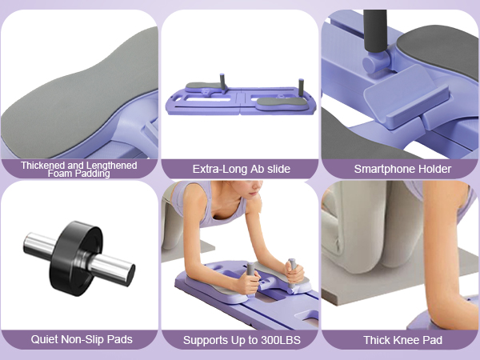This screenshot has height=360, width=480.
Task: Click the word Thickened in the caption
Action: [42, 165]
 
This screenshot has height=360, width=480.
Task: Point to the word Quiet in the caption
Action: [46, 339]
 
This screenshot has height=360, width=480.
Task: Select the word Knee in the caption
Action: [406, 339]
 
